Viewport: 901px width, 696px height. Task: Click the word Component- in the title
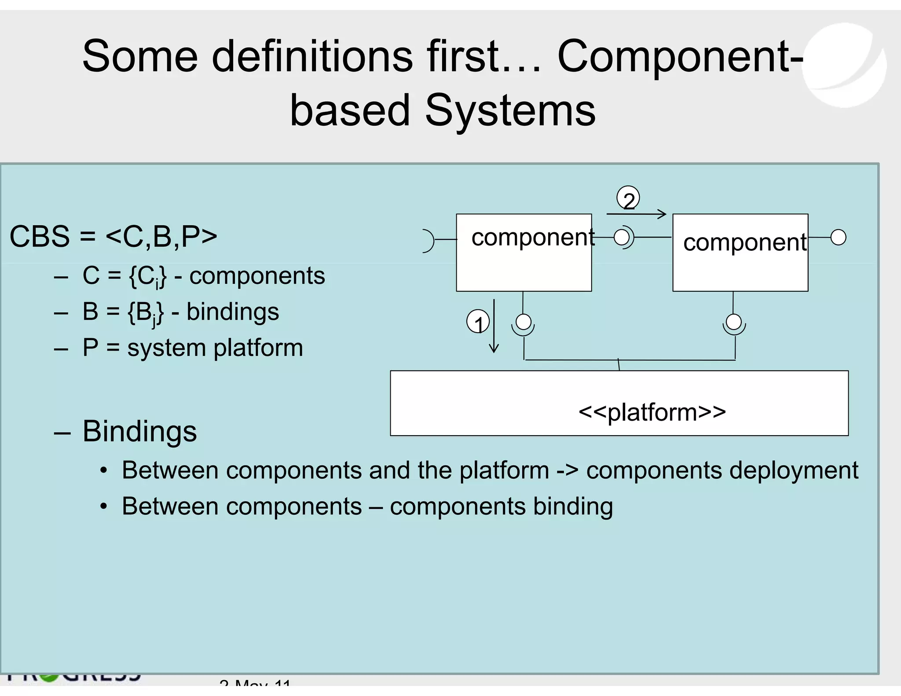tap(680, 56)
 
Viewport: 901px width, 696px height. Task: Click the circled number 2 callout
tap(628, 199)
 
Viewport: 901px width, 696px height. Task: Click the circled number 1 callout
tap(478, 322)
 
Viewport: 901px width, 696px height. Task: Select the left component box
tap(524, 264)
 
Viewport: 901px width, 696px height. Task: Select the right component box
tap(740, 266)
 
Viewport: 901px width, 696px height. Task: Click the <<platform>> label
tap(652, 413)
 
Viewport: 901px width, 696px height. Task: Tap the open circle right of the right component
tap(838, 238)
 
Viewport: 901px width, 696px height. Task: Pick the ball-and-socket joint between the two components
tap(623, 238)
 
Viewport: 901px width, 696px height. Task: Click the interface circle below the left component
tap(523, 322)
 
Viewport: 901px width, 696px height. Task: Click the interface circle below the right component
tap(734, 322)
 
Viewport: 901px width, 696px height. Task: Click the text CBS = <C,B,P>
tap(113, 237)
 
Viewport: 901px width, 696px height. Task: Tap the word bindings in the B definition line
tap(232, 312)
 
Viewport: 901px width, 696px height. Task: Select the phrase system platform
tap(215, 348)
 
